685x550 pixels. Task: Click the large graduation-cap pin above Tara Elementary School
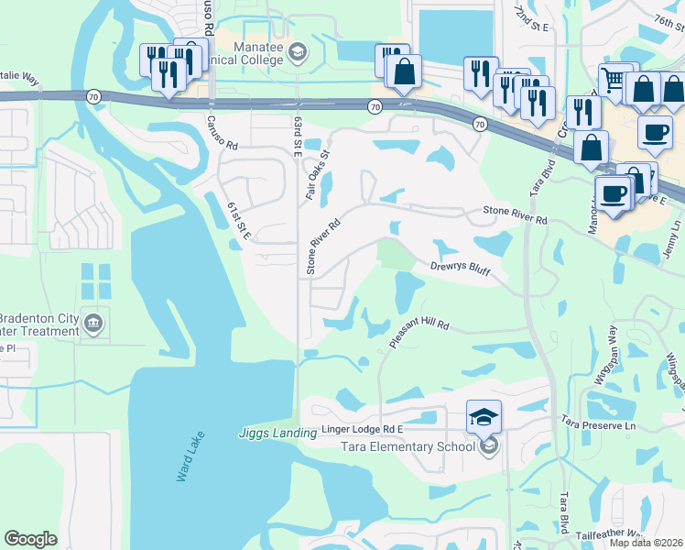[484, 418]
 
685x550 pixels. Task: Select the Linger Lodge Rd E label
[363, 429]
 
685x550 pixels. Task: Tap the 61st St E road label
[241, 225]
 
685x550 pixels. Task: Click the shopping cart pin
[615, 82]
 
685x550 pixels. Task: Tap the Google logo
[30, 539]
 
